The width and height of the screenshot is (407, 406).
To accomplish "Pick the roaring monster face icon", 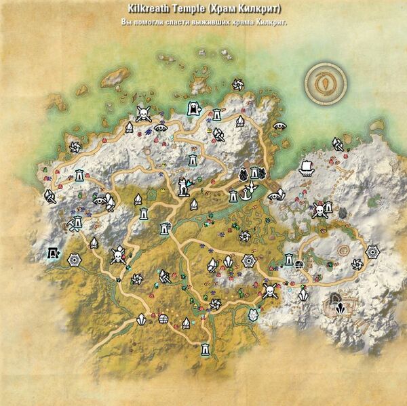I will coord(194,108).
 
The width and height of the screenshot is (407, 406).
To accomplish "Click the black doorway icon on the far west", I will coord(52,253).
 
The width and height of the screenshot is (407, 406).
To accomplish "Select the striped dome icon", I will coord(163,319).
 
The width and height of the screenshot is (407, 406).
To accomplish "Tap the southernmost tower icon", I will coord(203,350).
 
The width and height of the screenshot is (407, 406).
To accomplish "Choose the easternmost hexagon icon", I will coord(372,252).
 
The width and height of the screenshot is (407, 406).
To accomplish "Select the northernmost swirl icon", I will coord(237,85).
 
